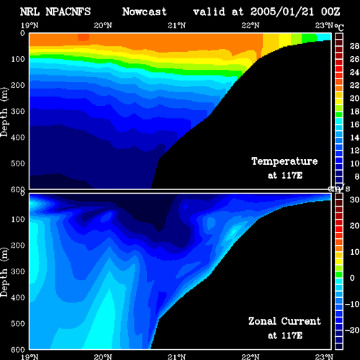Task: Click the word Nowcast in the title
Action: point(145,12)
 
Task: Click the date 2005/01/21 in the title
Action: point(282,12)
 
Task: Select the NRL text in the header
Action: point(30,12)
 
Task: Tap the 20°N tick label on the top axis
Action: point(103,25)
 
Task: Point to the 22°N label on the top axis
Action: point(251,25)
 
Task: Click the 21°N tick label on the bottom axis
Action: point(176,357)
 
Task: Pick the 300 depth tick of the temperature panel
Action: point(18,112)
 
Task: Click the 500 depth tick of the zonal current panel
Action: point(18,323)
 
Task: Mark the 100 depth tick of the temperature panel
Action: point(18,59)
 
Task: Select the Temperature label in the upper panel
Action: point(284,161)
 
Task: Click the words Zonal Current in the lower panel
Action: point(284,321)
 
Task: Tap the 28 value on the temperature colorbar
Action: point(354,46)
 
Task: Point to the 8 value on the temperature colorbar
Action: point(357,176)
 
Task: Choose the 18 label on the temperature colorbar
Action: point(354,112)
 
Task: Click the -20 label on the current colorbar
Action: point(352,330)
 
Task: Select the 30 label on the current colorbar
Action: point(354,199)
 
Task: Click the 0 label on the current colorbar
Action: point(352,278)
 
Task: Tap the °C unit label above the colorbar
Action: point(339,27)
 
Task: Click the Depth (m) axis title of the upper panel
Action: point(4,112)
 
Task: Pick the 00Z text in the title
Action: point(330,12)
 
